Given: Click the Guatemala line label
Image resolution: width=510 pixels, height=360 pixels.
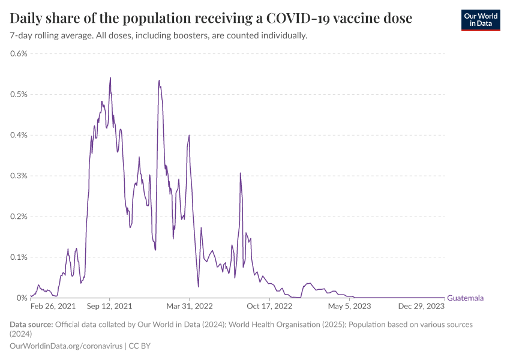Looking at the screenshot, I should tap(466, 298).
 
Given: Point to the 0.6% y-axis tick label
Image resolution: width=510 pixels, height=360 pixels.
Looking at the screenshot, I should tap(19, 53).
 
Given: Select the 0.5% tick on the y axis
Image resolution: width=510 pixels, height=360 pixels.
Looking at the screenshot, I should tap(19, 94).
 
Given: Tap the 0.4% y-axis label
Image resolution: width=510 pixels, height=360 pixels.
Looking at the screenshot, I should tap(19, 135).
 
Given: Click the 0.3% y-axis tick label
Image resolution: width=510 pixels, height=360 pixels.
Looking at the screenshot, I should tap(19, 176).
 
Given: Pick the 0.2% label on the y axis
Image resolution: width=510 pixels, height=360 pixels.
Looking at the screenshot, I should tap(19, 217).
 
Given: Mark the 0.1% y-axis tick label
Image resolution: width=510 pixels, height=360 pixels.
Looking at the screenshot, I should tap(19, 257).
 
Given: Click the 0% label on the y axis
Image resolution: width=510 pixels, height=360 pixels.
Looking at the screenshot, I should tap(23, 298).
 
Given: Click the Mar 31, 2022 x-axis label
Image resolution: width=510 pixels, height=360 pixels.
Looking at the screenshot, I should tap(190, 306).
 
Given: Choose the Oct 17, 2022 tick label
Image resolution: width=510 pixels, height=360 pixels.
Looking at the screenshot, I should tap(270, 306).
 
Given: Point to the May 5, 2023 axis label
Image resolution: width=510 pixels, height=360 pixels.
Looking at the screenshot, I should tap(350, 306).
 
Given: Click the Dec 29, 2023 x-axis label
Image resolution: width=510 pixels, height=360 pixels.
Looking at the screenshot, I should tap(422, 306).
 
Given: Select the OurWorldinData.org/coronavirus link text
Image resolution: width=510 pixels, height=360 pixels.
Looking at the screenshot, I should tap(67, 346).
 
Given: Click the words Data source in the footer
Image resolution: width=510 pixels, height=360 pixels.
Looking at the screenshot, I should tap(31, 325).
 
